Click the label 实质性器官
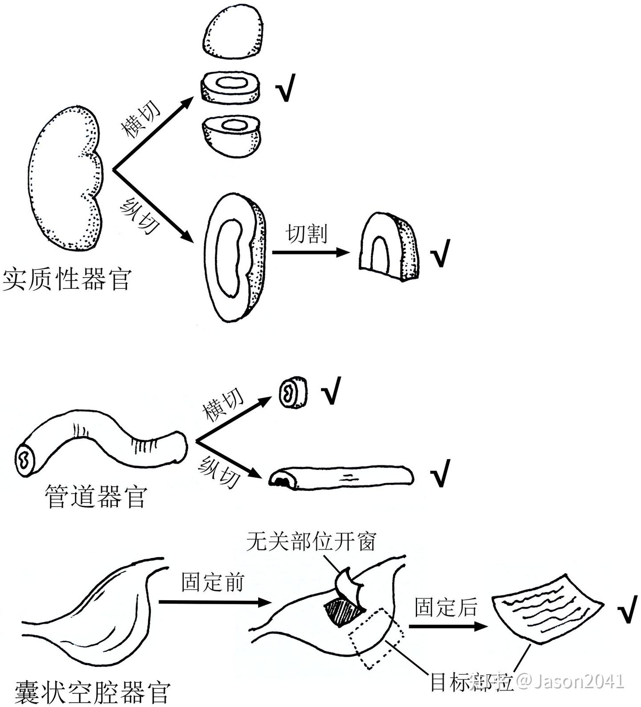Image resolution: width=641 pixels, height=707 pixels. pyautogui.click(x=67, y=279)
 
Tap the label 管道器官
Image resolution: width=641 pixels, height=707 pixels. pyautogui.click(x=95, y=497)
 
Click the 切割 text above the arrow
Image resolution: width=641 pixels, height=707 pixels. pyautogui.click(x=307, y=233)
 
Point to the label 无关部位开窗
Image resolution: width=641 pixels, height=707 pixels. pyautogui.click(x=311, y=541)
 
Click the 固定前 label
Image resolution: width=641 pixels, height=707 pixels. pyautogui.click(x=213, y=582)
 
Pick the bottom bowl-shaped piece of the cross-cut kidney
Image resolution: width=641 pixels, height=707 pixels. pyautogui.click(x=230, y=136)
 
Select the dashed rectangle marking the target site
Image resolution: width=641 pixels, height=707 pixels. pyautogui.click(x=377, y=638)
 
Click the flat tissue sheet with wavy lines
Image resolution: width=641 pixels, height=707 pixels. pyautogui.click(x=546, y=608)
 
